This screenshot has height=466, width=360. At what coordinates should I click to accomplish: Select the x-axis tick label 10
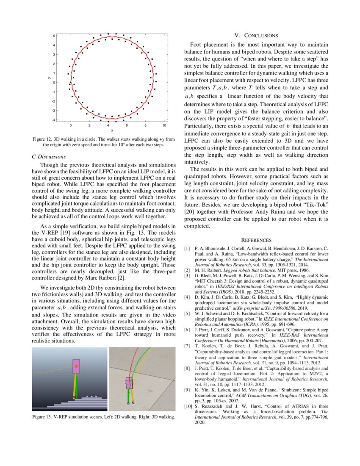coord(164,126)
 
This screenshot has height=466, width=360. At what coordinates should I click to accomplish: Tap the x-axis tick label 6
coord(127,126)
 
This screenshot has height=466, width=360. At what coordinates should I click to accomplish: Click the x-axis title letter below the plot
coord(112,130)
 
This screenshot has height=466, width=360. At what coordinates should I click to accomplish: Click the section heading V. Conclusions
coord(256,36)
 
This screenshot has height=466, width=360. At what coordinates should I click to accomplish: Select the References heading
coord(256,240)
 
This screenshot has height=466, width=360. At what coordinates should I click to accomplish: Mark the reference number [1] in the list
coord(187,247)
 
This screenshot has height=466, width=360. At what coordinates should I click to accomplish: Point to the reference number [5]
coord(187,314)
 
